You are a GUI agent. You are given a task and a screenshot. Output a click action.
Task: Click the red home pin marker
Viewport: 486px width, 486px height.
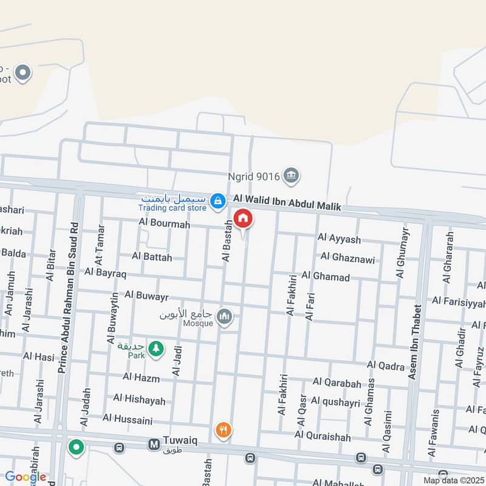(243, 219)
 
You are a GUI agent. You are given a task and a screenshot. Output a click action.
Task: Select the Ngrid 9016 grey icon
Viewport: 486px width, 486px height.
(292, 176)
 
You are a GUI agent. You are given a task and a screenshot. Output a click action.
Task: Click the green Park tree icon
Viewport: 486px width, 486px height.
(156, 349)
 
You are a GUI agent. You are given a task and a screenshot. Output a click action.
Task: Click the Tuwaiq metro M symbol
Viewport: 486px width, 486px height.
(154, 446)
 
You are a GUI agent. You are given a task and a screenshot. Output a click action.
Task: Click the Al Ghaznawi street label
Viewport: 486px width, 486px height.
(347, 258)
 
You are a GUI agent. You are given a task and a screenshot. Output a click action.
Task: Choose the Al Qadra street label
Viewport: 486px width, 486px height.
(385, 366)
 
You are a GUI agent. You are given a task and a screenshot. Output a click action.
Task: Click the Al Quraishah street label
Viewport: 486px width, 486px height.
(322, 434)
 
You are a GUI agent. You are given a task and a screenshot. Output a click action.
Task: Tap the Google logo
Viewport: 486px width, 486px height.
(25, 477)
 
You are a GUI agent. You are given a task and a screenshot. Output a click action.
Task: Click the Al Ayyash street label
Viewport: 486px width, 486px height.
(339, 239)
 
